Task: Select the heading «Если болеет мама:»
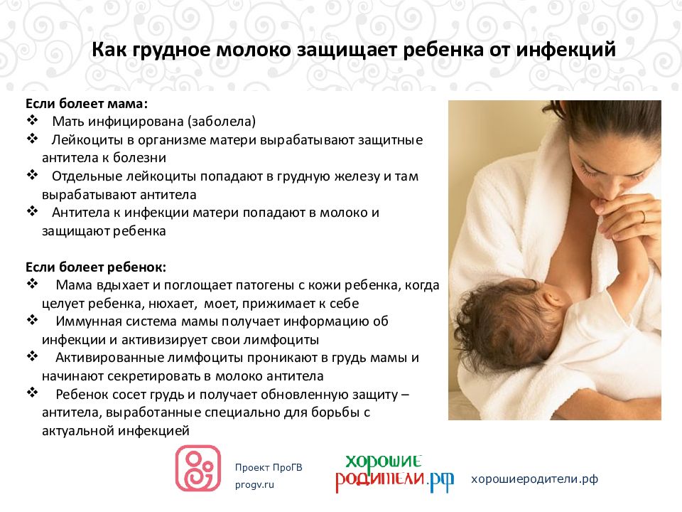pyautogui.click(x=87, y=104)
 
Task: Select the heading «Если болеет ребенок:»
pyautogui.click(x=96, y=267)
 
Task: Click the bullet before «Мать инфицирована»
pyautogui.click(x=33, y=120)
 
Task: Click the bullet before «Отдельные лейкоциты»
pyautogui.click(x=33, y=175)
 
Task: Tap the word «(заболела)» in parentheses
pyautogui.click(x=222, y=122)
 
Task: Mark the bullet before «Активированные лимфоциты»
pyautogui.click(x=33, y=356)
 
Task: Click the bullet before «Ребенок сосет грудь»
pyautogui.click(x=33, y=393)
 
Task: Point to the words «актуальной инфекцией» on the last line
pyautogui.click(x=116, y=431)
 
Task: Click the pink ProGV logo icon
pyautogui.click(x=198, y=468)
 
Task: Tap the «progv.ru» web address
pyautogui.click(x=254, y=485)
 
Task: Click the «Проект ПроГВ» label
pyautogui.click(x=269, y=468)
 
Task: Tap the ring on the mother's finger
pyautogui.click(x=644, y=216)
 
